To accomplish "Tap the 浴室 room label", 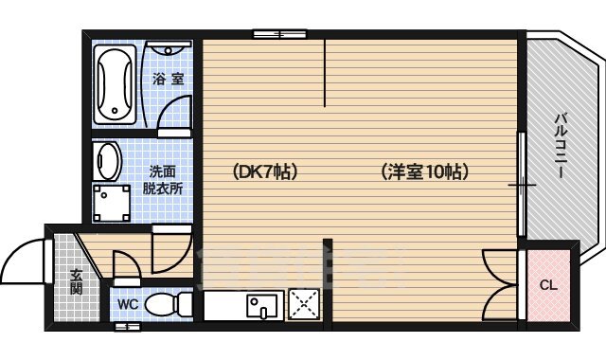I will coord(169,81).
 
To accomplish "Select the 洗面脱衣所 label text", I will coord(163,180).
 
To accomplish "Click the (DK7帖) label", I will coord(265,172).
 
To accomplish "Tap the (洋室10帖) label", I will coord(425,172).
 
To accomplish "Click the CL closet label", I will coord(548,285).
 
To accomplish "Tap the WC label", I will coord(128,305).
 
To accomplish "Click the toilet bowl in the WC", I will coord(171,305).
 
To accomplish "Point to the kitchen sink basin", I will coord(259,305).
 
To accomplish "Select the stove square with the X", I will coord(306,306).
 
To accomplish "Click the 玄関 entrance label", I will coord(75,281).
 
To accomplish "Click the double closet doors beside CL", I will coord(498,284).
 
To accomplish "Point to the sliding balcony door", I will coord(520,185).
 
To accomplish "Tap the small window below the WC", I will coord(127,327).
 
